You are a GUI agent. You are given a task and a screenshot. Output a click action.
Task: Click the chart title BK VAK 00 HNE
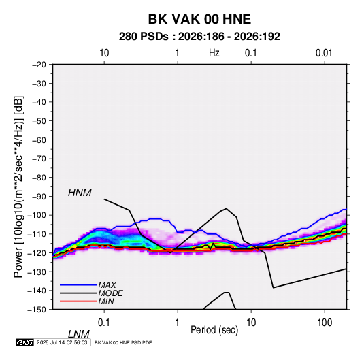(x=199, y=19)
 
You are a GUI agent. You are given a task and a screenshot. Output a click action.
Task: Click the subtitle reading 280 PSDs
(x=144, y=37)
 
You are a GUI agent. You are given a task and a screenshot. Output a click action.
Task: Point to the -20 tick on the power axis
(x=39, y=65)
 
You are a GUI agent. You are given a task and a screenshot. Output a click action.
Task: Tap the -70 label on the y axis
(x=39, y=159)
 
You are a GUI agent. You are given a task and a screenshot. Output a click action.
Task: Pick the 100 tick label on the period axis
(x=325, y=323)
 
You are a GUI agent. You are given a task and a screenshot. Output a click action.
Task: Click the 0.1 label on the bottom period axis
(x=104, y=323)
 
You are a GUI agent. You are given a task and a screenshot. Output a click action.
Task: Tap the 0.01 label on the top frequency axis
(x=324, y=53)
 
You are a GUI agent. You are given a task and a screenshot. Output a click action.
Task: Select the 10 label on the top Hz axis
(x=104, y=53)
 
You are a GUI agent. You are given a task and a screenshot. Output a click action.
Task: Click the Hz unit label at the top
(x=214, y=53)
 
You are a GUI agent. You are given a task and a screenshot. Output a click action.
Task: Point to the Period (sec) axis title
(x=214, y=330)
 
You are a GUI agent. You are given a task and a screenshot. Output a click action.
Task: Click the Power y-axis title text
(x=18, y=187)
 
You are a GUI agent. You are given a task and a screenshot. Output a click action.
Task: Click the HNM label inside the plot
(x=80, y=193)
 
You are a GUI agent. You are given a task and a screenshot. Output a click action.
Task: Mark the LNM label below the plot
(x=79, y=334)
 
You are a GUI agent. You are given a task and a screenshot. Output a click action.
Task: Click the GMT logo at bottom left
(x=24, y=342)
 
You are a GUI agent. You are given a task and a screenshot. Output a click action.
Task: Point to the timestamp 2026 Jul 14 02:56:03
(x=62, y=342)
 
